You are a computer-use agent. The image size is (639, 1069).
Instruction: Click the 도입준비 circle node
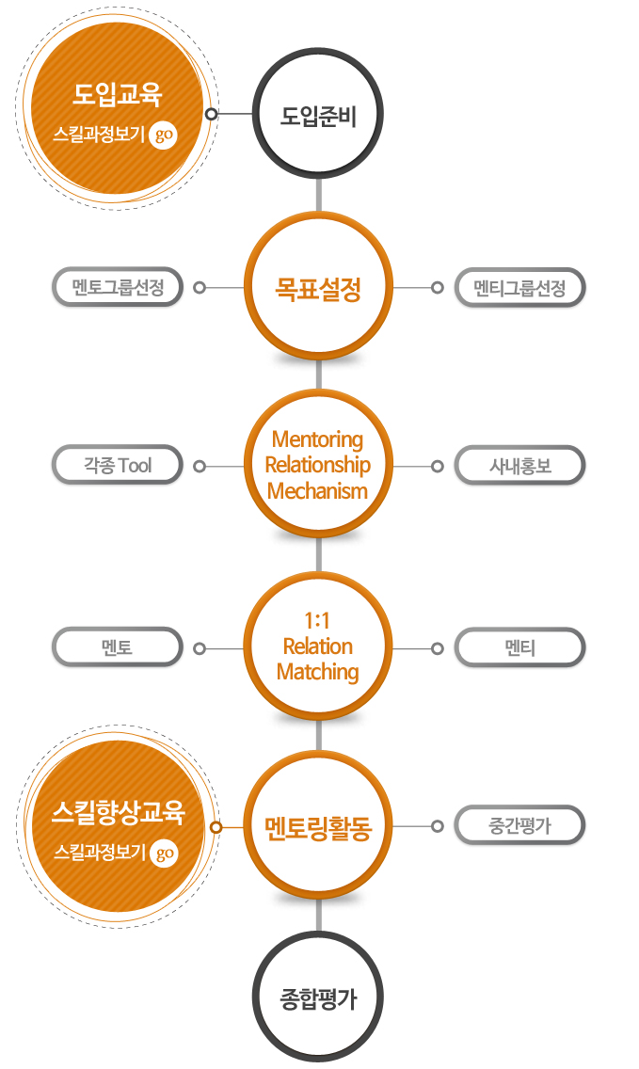click(318, 114)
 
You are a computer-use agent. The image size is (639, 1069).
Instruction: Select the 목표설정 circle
click(318, 287)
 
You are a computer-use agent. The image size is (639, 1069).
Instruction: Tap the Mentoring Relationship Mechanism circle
click(318, 465)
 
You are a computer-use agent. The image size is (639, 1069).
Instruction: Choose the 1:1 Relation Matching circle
click(318, 646)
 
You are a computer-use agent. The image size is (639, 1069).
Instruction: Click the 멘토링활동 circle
click(318, 827)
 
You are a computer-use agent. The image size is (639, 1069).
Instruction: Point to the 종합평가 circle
click(318, 997)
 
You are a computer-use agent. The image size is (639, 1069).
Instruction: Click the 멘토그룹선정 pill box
click(118, 287)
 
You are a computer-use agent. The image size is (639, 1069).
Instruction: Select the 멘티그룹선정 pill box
click(519, 288)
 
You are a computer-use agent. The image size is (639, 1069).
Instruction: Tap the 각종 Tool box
click(118, 466)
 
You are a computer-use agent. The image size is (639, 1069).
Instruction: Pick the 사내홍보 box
click(519, 466)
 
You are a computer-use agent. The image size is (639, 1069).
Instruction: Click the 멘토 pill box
click(118, 647)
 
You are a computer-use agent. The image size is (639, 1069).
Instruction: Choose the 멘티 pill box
click(519, 647)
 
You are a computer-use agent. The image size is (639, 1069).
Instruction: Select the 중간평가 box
click(519, 825)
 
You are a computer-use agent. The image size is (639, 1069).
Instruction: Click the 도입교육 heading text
click(118, 95)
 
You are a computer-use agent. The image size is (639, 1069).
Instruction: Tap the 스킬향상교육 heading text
click(118, 812)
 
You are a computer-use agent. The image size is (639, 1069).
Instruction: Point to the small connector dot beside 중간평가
click(438, 826)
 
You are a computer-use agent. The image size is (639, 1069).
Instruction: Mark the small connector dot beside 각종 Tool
click(200, 467)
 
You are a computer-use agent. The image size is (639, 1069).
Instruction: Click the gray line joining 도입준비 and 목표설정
click(318, 197)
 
